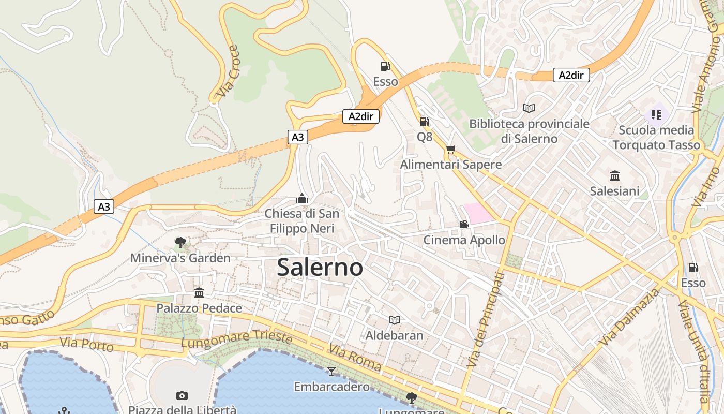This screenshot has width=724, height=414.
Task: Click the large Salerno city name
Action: click(x=320, y=268)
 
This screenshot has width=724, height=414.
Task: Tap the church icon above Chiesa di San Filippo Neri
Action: click(x=302, y=198)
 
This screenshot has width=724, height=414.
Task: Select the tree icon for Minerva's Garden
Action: click(x=180, y=242)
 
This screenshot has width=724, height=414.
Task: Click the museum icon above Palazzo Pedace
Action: click(x=199, y=293)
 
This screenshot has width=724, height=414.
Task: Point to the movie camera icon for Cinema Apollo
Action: click(x=464, y=224)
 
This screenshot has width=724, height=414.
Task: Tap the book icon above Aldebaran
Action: click(x=395, y=320)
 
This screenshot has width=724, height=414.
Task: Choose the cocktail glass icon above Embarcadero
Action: click(x=331, y=371)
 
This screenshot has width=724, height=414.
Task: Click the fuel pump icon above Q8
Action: click(x=424, y=122)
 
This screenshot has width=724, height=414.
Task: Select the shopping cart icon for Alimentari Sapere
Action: click(x=451, y=150)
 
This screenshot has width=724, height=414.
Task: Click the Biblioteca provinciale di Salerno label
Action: click(x=529, y=131)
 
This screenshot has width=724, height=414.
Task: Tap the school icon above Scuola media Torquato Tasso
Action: click(x=656, y=114)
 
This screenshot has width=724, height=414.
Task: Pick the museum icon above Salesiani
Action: click(x=615, y=175)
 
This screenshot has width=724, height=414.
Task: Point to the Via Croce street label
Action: click(x=228, y=71)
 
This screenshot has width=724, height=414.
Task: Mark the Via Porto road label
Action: click(x=86, y=344)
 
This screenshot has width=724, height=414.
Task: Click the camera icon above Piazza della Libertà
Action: click(x=182, y=395)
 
